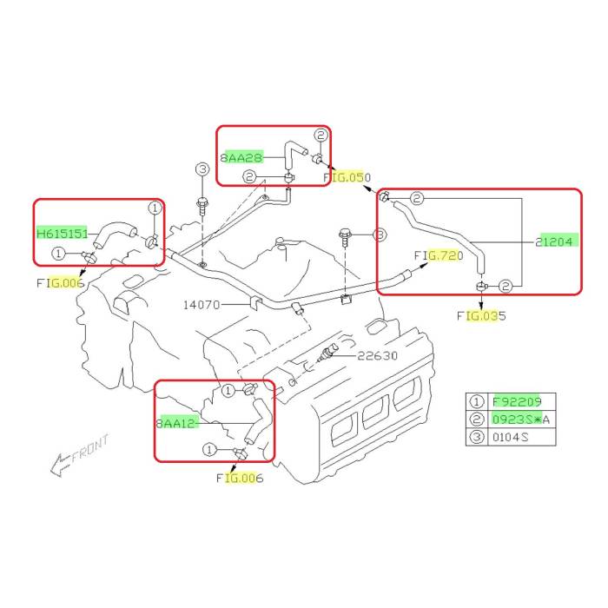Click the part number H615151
(x=60, y=234)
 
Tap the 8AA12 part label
(x=177, y=423)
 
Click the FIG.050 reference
(x=347, y=177)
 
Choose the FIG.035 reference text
(x=481, y=316)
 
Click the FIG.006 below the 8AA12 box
(x=240, y=478)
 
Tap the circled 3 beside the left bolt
(x=202, y=169)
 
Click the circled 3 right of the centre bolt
(x=379, y=235)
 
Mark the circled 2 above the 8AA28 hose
(x=320, y=135)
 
